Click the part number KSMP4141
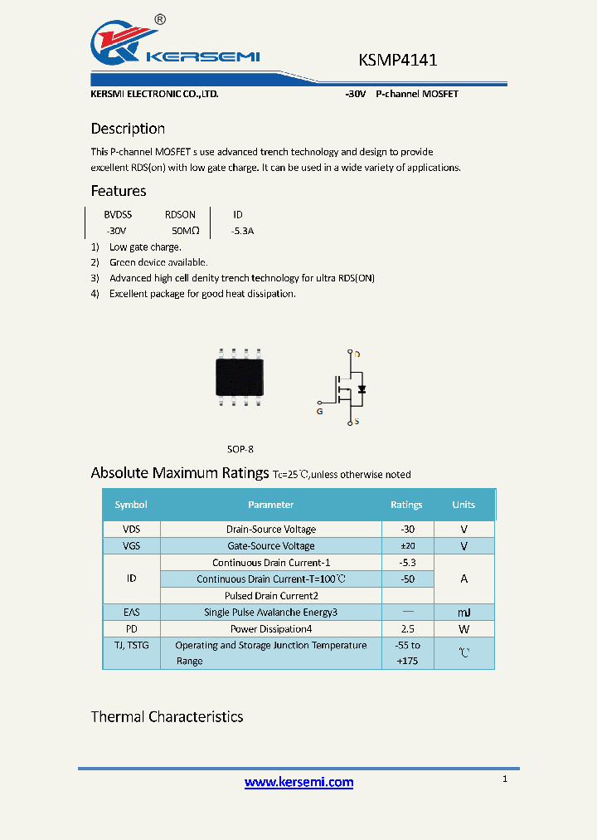[397, 60]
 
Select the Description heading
[128, 129]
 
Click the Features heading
[119, 191]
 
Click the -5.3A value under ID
[242, 231]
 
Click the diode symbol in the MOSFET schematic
[362, 388]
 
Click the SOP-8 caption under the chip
[240, 449]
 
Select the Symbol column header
[131, 505]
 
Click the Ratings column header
[406, 505]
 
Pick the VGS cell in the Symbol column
[131, 546]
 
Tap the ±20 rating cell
[407, 546]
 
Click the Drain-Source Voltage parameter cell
[270, 530]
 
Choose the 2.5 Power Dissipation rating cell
[407, 629]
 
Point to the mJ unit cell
[464, 613]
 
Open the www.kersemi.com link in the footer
[298, 782]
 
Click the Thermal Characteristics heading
[167, 717]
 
